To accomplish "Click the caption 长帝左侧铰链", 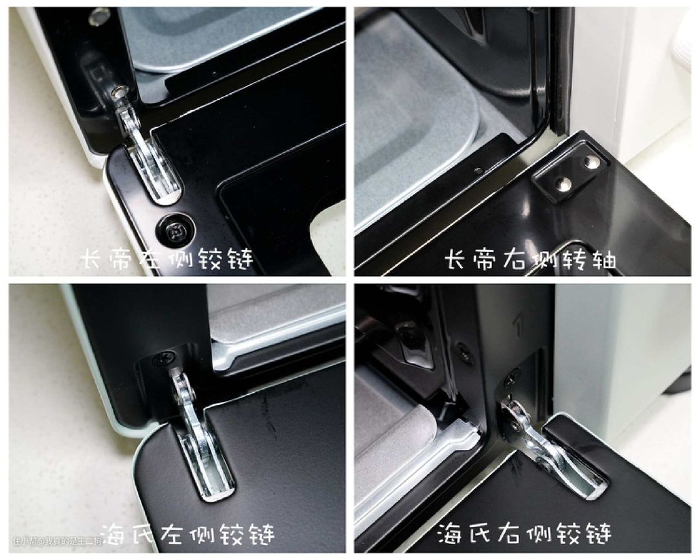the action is coord(167,259).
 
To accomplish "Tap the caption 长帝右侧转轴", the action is coord(530,259).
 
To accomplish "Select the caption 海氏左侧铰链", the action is coord(187,533).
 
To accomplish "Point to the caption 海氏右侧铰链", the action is coord(524,533).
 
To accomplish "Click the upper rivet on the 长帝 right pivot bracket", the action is coord(592,161).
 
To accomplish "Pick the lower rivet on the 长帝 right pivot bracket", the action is coord(563,183).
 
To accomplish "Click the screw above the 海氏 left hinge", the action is coord(161,358).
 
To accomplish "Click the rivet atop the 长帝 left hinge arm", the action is coord(119,93).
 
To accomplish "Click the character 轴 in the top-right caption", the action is coord(603,259).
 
